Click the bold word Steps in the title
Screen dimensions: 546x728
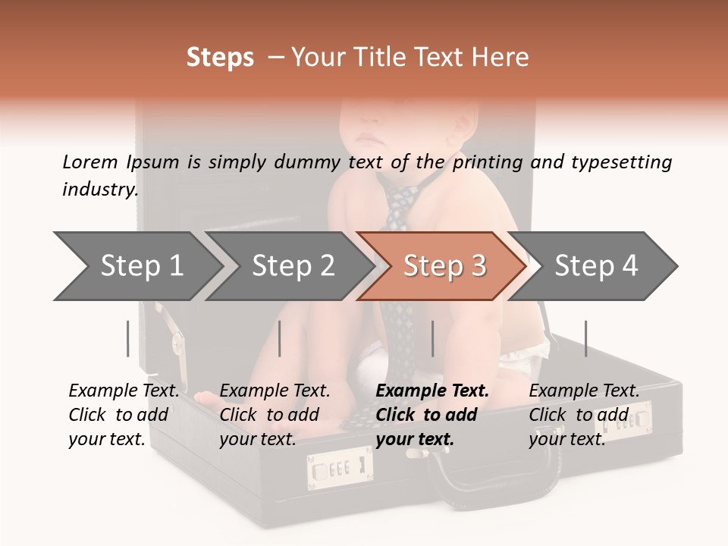tap(220, 57)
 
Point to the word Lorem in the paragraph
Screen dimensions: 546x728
tap(90, 162)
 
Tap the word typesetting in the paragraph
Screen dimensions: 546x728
tap(621, 162)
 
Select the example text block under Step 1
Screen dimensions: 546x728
tap(124, 415)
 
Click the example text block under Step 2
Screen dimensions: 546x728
tap(275, 415)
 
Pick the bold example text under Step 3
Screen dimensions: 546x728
tap(432, 415)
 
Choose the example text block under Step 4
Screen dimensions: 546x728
tap(584, 415)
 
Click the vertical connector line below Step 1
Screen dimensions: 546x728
tap(128, 338)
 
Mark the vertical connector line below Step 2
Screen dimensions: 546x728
tap(280, 338)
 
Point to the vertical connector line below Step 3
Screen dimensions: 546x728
tap(432, 338)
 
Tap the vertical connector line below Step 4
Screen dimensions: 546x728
tap(585, 338)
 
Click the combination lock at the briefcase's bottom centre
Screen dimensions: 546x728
tap(340, 469)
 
